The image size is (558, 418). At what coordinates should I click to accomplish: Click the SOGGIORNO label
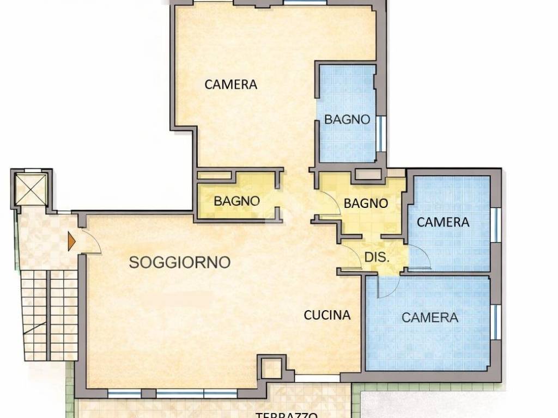tap(179, 262)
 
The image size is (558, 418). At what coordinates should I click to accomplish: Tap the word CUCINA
tap(327, 315)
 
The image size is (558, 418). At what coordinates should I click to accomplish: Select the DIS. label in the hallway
tap(377, 257)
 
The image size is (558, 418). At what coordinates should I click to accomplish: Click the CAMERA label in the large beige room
tap(231, 84)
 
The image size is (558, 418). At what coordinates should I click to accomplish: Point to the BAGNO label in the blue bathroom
tap(347, 119)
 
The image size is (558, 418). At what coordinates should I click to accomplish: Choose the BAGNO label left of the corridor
tap(236, 200)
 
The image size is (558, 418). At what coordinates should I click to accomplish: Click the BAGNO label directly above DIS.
tap(366, 204)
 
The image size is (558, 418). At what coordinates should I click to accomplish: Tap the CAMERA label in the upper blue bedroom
tap(442, 222)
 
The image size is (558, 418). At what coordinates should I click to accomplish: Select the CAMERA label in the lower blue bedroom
tap(429, 317)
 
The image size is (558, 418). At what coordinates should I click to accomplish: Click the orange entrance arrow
tap(71, 241)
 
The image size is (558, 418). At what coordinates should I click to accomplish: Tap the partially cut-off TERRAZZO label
tap(287, 414)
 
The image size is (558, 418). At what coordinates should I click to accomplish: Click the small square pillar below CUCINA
tap(271, 368)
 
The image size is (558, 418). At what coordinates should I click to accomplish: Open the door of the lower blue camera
tap(386, 286)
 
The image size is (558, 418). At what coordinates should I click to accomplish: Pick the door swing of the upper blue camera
tap(420, 257)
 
